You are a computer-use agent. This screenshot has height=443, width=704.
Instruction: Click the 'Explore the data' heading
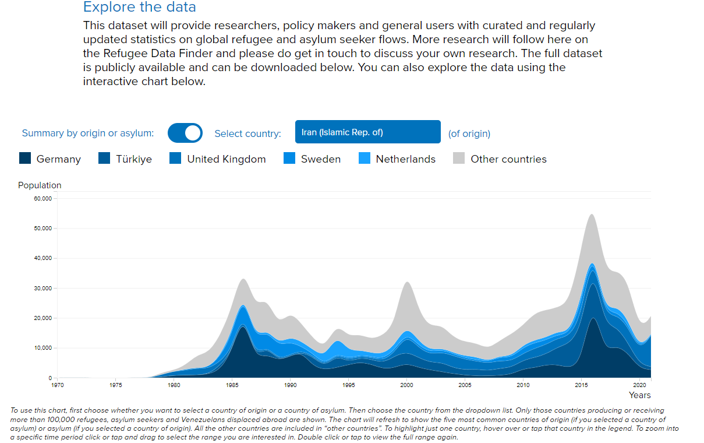tap(140, 8)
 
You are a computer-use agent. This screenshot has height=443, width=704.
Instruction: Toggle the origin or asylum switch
tap(185, 133)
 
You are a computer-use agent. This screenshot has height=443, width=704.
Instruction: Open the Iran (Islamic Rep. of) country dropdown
tap(367, 132)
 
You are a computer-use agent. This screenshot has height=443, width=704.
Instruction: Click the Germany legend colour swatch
tap(25, 159)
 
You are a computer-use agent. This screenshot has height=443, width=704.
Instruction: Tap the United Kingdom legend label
tap(226, 159)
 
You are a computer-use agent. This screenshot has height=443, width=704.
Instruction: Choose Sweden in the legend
tap(320, 159)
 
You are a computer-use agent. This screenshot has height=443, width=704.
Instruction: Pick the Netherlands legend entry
tap(405, 159)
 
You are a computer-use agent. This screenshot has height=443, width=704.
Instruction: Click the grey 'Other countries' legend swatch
tap(459, 159)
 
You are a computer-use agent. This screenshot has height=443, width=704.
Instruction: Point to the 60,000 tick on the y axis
tap(44, 198)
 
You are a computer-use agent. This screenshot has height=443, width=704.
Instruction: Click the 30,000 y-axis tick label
tap(44, 288)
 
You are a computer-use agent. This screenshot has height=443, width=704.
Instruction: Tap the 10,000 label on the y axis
tap(44, 348)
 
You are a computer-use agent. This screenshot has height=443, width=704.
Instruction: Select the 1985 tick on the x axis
tap(232, 385)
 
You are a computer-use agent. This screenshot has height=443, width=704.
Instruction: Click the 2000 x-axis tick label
tap(406, 385)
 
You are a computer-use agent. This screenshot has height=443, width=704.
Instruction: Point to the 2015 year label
tap(581, 385)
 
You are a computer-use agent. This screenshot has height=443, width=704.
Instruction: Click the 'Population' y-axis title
tap(40, 185)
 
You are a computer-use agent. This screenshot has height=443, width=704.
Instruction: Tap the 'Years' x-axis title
tap(639, 395)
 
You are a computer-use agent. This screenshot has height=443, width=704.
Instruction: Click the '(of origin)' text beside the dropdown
tap(469, 133)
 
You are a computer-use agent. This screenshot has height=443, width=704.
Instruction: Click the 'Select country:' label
tap(247, 133)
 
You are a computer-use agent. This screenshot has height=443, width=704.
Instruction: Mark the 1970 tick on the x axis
tap(57, 385)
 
